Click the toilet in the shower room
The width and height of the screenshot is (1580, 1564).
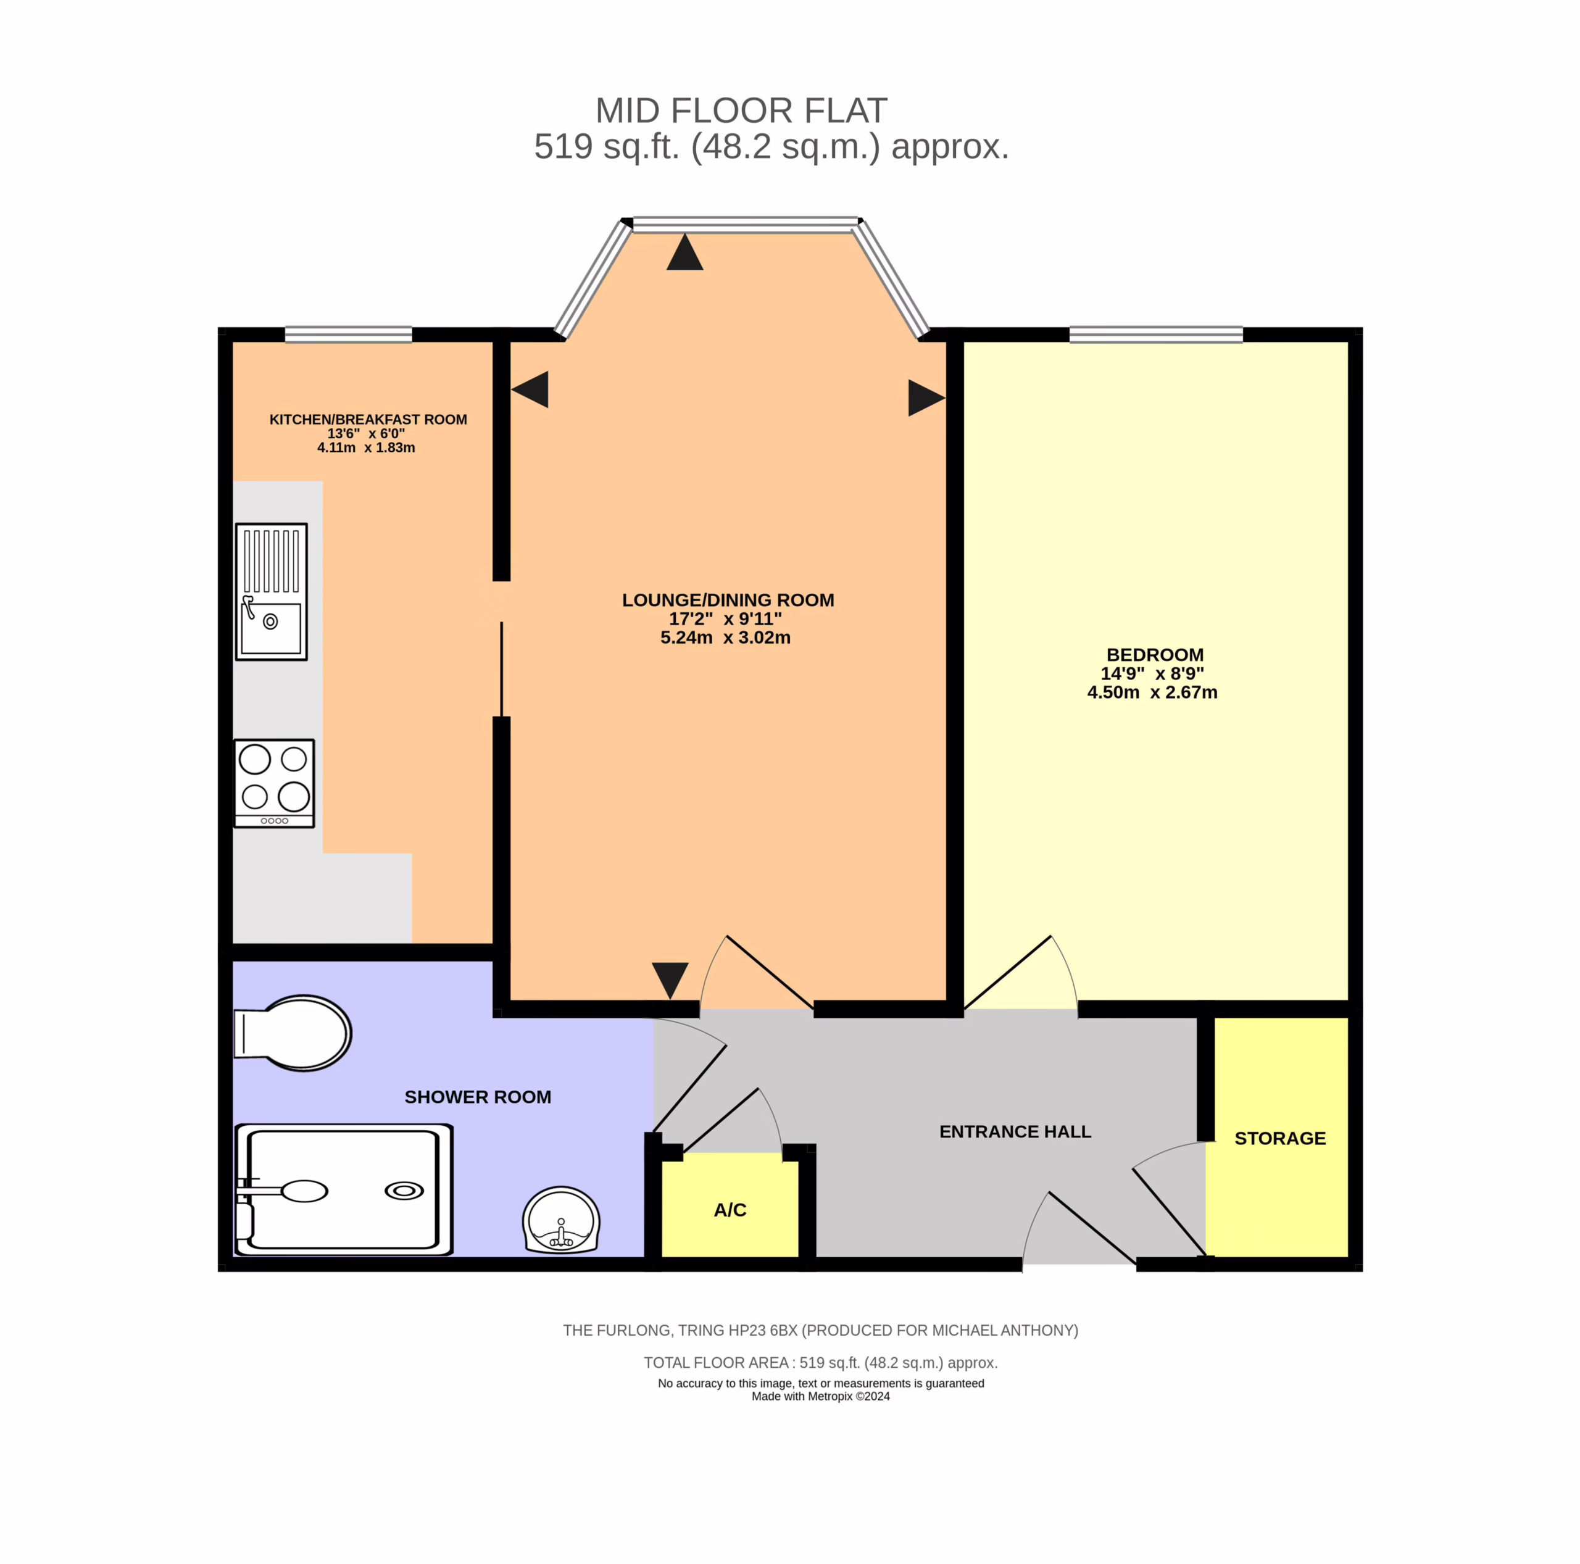pos(293,1033)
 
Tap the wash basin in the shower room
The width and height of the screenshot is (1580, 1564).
pos(561,1220)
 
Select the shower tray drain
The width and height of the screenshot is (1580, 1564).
pos(404,1191)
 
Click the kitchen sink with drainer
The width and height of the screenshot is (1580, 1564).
pos(272,591)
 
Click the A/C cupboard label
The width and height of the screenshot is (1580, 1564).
pos(730,1210)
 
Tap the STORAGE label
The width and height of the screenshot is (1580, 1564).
pos(1280,1138)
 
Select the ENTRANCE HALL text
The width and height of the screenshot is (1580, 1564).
pos(1015,1131)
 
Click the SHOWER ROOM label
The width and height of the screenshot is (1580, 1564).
pos(478,1097)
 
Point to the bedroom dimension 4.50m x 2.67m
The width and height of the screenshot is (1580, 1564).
pos(1152,692)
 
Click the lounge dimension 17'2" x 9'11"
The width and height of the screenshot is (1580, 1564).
pos(725,618)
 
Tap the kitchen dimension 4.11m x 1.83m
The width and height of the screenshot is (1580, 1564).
pos(367,447)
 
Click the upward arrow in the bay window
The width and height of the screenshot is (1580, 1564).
pos(684,252)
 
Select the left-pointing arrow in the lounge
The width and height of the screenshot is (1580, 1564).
pos(530,389)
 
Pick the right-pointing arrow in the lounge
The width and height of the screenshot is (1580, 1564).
pos(926,397)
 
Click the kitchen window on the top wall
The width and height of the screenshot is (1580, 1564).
pos(348,335)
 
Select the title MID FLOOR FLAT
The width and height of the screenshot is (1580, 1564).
pos(741,110)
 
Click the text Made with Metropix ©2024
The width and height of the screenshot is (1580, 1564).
pos(820,1396)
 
